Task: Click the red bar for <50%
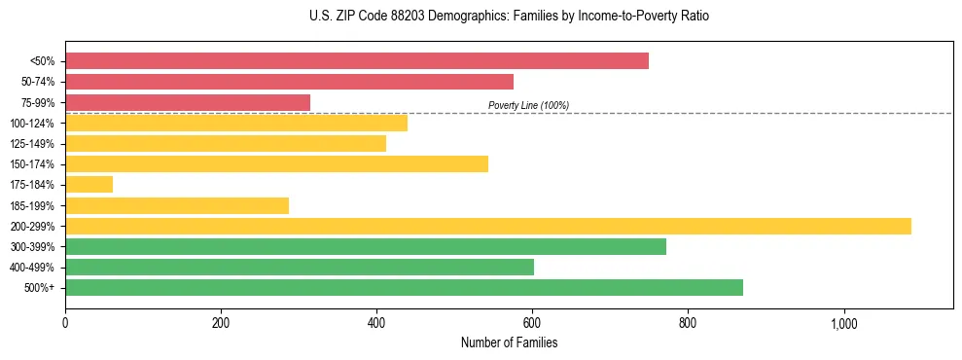click(356, 60)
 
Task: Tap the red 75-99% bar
click(188, 102)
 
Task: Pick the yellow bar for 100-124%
click(236, 123)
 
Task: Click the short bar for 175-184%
click(89, 184)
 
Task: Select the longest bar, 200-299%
click(487, 226)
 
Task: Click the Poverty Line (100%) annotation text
click(528, 105)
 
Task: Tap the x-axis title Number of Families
click(509, 342)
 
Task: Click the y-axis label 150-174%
click(32, 164)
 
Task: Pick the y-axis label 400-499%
click(32, 268)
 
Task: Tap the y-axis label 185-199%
click(32, 205)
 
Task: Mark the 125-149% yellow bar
click(226, 143)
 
